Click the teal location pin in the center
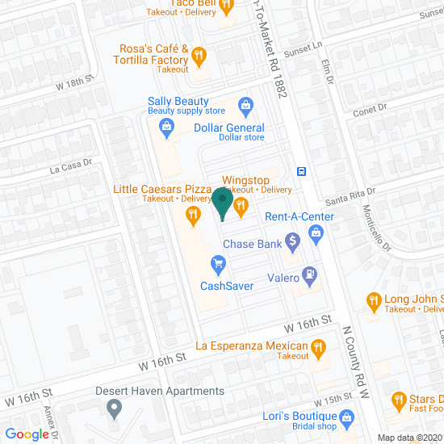point(222,202)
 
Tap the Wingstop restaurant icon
point(241,207)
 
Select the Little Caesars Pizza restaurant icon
point(192,214)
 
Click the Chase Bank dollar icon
point(292,240)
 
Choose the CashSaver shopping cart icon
point(216,263)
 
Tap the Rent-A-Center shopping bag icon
point(316,234)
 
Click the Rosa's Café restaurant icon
point(199,57)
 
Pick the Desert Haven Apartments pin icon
point(115,408)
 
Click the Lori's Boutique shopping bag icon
point(347,417)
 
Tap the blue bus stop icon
point(300,170)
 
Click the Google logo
point(27,434)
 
